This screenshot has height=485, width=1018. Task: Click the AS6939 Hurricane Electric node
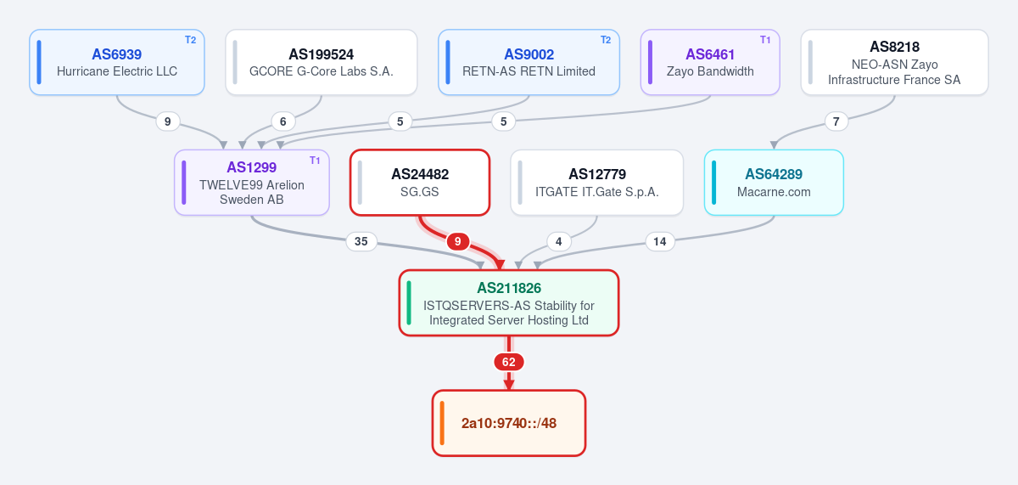pyautogui.click(x=117, y=62)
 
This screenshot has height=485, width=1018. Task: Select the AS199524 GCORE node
pyautogui.click(x=322, y=62)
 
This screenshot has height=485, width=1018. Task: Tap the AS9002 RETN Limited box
pyautogui.click(x=529, y=62)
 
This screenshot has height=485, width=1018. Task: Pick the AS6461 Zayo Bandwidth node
pyautogui.click(x=710, y=62)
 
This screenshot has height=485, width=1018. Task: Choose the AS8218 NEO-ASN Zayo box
pyautogui.click(x=894, y=62)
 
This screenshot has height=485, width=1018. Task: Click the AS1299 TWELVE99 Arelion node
pyautogui.click(x=252, y=183)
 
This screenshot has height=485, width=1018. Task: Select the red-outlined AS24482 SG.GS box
pyautogui.click(x=420, y=183)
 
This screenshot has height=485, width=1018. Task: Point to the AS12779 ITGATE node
pyautogui.click(x=596, y=183)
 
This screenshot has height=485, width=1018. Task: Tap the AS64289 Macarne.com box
pyautogui.click(x=774, y=183)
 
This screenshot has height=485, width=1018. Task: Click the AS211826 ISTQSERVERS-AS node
pyautogui.click(x=509, y=303)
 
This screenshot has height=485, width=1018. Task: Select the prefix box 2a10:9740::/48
pyautogui.click(x=509, y=423)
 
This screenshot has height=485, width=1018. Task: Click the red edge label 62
pyautogui.click(x=509, y=362)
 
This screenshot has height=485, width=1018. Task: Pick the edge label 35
pyautogui.click(x=361, y=241)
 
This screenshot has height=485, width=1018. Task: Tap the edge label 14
pyautogui.click(x=660, y=241)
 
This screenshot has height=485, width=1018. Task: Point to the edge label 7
pyautogui.click(x=836, y=121)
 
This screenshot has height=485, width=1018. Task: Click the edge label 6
pyautogui.click(x=283, y=121)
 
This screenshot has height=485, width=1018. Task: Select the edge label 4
pyautogui.click(x=559, y=241)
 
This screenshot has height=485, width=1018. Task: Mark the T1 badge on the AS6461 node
pyautogui.click(x=765, y=40)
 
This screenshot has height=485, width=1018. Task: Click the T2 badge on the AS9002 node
pyautogui.click(x=606, y=40)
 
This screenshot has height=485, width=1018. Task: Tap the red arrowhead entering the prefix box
pyautogui.click(x=509, y=384)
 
